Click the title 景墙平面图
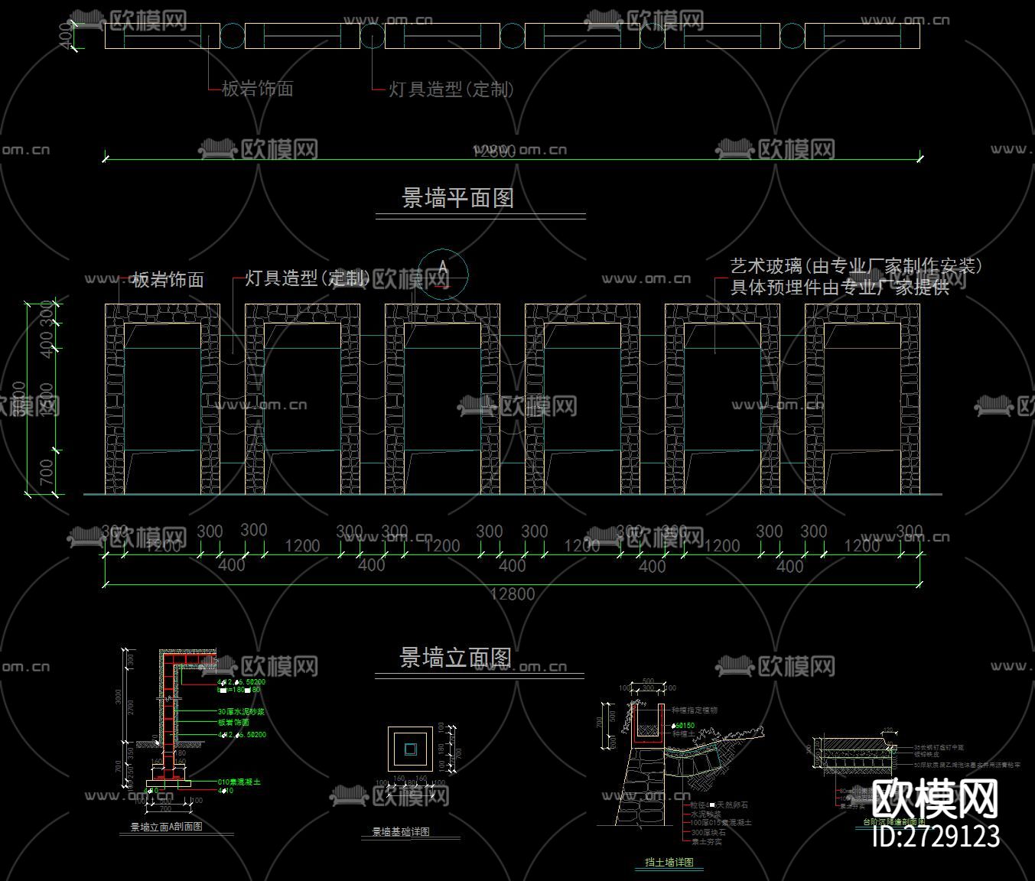(x=457, y=198)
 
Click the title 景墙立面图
(x=456, y=658)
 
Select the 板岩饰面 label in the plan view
(x=257, y=89)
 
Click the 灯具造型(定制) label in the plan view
(x=451, y=89)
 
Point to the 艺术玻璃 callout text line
(x=855, y=266)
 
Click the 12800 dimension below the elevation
(x=512, y=594)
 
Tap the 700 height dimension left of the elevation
(x=47, y=472)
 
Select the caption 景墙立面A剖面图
(x=166, y=827)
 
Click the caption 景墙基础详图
(x=401, y=832)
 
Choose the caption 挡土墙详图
(x=669, y=863)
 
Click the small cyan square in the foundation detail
(x=411, y=749)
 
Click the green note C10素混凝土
(x=239, y=782)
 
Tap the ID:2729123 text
(x=936, y=836)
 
